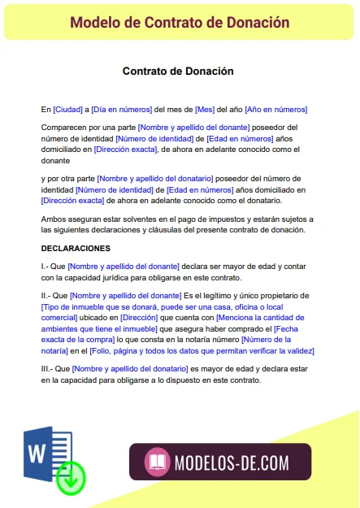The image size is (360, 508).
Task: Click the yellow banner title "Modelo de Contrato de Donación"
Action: pos(180,22)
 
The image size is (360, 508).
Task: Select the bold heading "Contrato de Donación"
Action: pos(178,72)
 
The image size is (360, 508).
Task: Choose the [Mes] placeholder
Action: pos(205,110)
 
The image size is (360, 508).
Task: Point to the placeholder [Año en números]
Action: pos(275,110)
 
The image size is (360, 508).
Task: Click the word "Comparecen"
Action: pos(64,128)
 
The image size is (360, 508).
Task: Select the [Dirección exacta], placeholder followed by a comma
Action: pos(125,150)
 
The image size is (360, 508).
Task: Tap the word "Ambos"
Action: pos(54,220)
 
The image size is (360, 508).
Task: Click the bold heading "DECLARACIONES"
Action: pos(76,248)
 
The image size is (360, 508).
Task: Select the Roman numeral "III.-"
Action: pos(49,368)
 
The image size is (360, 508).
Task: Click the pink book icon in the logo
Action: pos(157,464)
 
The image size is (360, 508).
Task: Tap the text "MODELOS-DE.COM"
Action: pos(231,464)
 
